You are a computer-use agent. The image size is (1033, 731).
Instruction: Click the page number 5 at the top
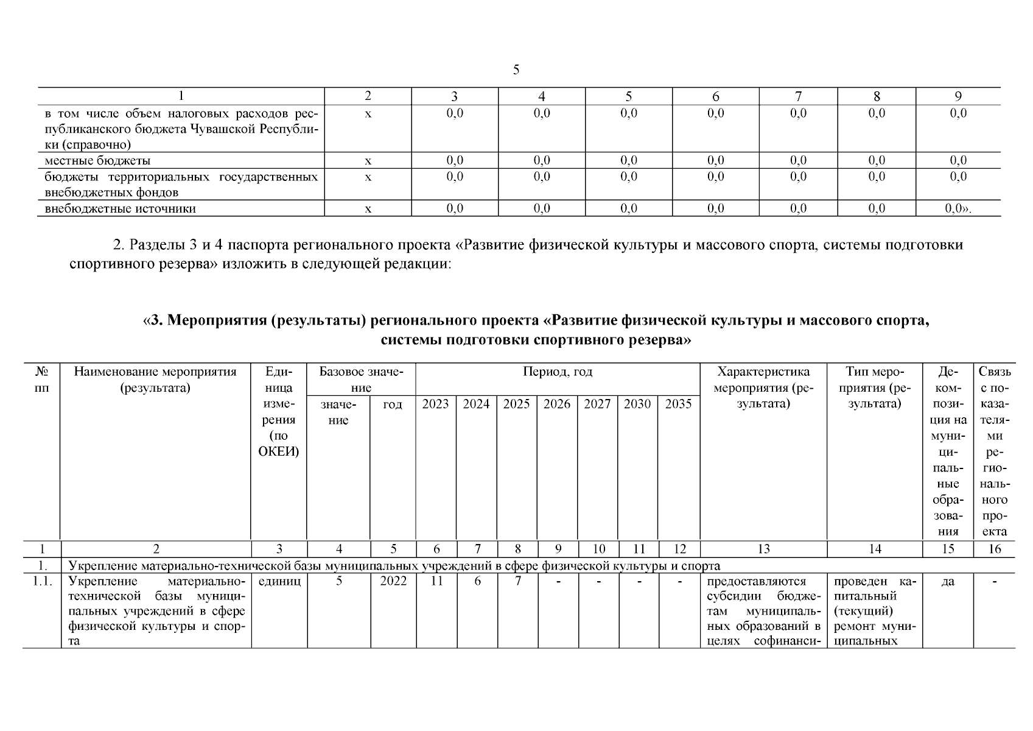[x=516, y=70]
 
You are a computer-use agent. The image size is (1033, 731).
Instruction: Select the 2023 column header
[x=435, y=404]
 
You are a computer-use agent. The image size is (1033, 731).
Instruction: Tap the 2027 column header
[x=597, y=404]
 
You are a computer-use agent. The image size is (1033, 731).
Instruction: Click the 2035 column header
[x=678, y=404]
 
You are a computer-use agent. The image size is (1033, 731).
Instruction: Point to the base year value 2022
[x=393, y=581]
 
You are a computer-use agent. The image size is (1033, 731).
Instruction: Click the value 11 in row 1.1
[x=436, y=581]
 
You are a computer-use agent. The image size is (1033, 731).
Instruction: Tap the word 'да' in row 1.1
[x=948, y=582]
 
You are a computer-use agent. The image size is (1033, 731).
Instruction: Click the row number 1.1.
[x=41, y=581]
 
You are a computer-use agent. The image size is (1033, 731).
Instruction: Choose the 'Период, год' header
[x=557, y=372]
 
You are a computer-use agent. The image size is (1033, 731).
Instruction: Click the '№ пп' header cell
[x=42, y=380]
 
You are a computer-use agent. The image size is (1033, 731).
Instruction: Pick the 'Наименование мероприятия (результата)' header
[x=155, y=380]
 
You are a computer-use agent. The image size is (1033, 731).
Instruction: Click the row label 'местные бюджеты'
[x=97, y=161]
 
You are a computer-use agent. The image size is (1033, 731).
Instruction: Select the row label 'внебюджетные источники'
[x=120, y=208]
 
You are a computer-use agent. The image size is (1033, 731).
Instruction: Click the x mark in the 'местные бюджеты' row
[x=368, y=161]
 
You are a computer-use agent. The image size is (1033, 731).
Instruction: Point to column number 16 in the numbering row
[x=995, y=549]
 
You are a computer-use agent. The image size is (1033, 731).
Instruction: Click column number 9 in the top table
[x=958, y=96]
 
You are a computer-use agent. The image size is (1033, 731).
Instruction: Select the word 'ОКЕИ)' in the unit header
[x=279, y=452]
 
